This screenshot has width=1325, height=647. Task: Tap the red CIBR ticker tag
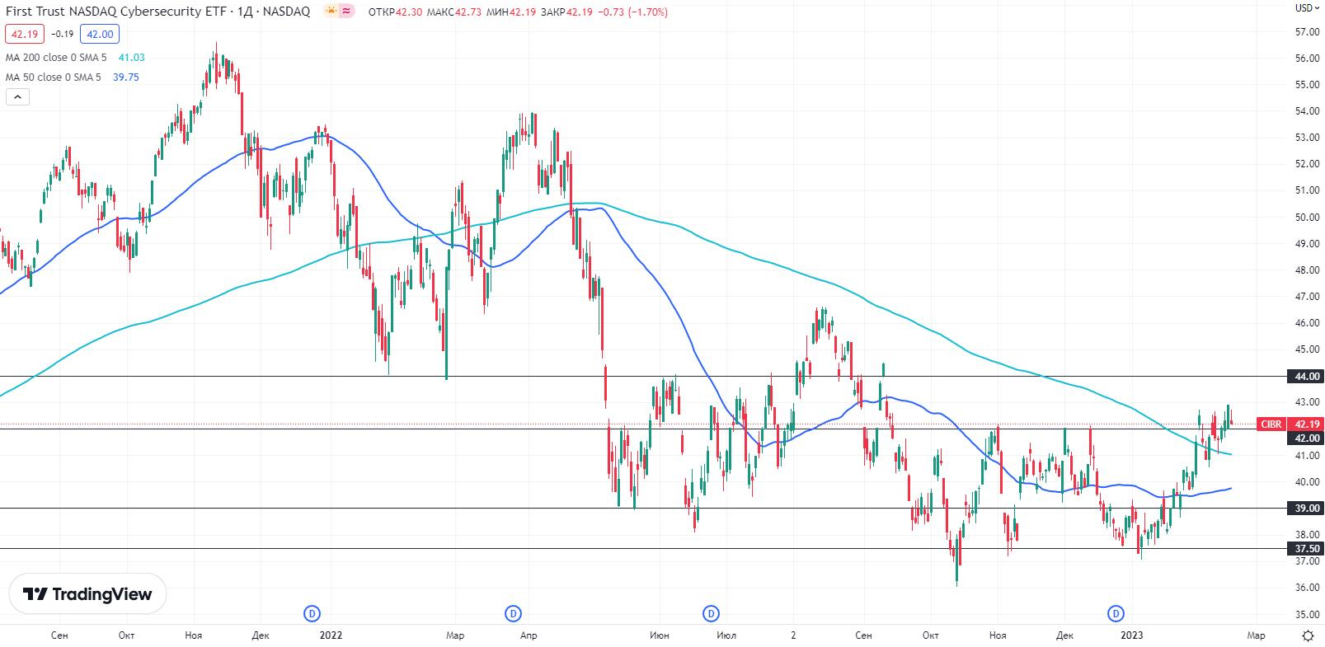point(1271,424)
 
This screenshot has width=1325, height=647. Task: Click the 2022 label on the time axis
point(331,635)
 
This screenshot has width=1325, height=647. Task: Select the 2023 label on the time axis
point(1131,635)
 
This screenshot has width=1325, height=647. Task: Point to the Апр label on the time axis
point(529,635)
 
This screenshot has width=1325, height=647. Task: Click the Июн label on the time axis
point(659,635)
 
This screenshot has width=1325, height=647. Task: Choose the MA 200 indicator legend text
point(56,57)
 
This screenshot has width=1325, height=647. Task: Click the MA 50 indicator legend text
point(53,77)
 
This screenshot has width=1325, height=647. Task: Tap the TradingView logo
point(87,594)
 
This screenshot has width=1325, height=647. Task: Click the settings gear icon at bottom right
point(1308,635)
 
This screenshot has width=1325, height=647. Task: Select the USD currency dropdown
point(1304,8)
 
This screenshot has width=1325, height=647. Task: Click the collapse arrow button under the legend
point(17,97)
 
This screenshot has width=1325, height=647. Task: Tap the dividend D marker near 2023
point(1116,613)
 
